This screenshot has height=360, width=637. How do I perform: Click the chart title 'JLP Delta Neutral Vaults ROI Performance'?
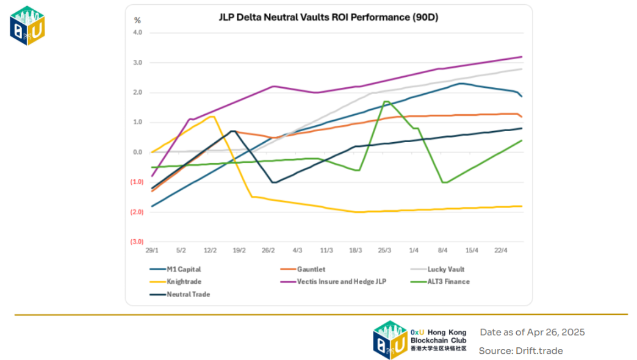329,18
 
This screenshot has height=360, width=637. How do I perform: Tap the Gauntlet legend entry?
313,269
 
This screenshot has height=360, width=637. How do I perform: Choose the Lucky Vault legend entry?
450,269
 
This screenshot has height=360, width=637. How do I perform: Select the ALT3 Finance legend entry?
448,281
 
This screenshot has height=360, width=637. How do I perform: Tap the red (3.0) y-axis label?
136,242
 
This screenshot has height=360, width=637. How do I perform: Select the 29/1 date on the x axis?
152,250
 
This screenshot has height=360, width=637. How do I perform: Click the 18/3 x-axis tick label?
355,250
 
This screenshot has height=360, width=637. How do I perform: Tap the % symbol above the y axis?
137,20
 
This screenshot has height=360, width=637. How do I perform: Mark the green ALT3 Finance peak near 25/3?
386,101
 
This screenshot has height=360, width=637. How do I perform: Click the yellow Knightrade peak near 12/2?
212,116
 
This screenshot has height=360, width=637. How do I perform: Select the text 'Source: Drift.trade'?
520,350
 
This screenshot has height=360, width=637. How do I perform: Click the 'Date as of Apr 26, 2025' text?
532,332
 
